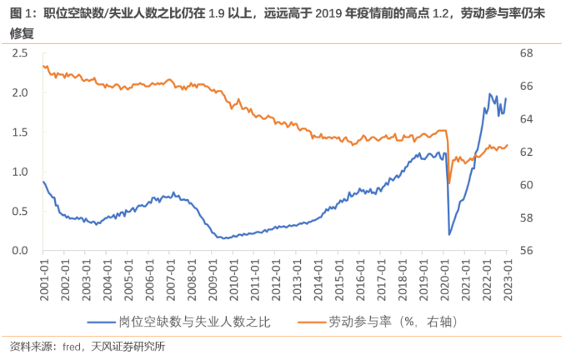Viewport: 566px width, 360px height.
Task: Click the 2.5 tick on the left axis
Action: (21, 53)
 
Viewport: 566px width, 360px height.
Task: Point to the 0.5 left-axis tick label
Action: (21, 211)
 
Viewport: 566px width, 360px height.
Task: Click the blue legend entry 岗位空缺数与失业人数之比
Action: (194, 320)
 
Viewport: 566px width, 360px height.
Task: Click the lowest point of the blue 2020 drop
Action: (449, 234)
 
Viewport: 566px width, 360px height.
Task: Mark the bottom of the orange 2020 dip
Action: (449, 182)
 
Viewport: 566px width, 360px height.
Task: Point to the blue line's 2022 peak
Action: (489, 94)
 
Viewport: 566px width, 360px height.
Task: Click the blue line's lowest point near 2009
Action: (221, 238)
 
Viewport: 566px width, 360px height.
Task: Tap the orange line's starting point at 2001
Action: (43, 66)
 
